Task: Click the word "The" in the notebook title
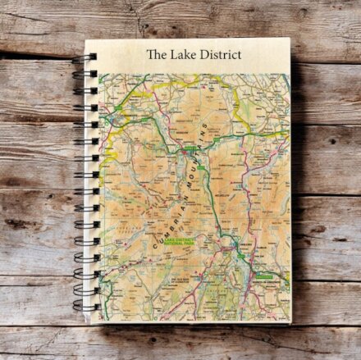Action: (156, 55)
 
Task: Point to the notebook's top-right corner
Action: (290, 39)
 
